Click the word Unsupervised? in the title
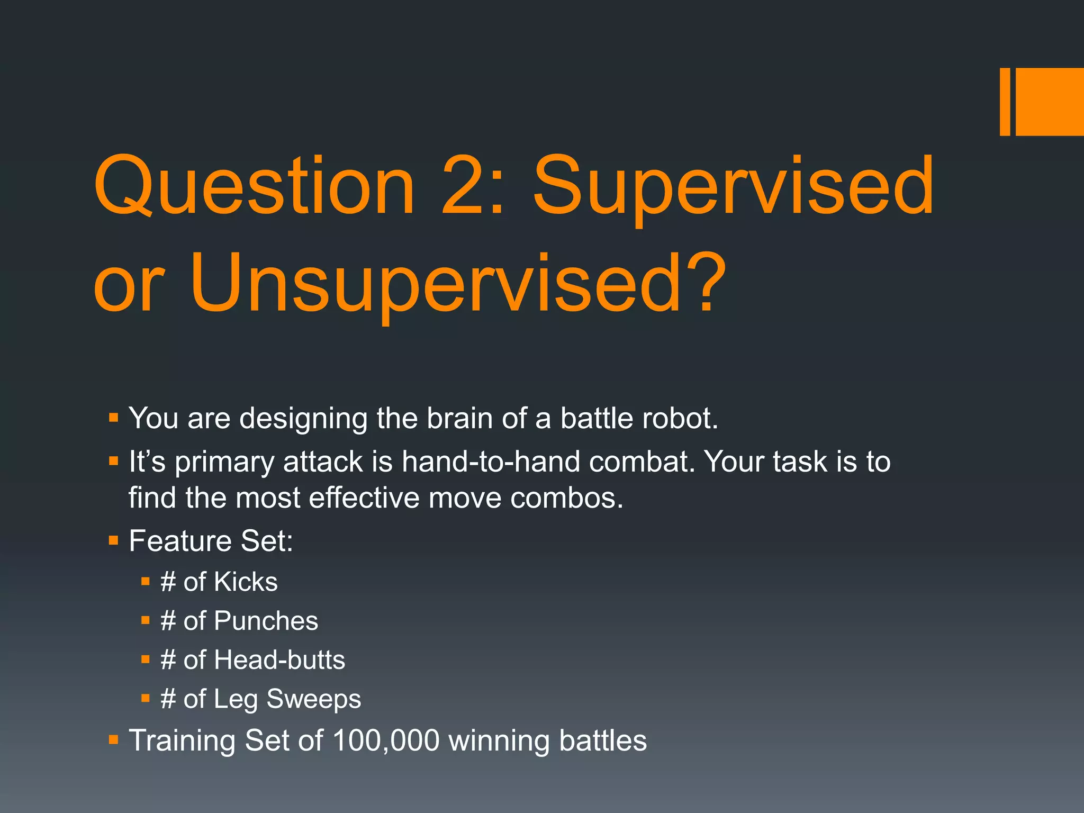[x=458, y=283]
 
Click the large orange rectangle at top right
[x=1049, y=102]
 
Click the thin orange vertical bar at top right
[x=1005, y=102]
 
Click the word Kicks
[x=246, y=582]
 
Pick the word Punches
[x=266, y=621]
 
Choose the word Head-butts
[x=279, y=660]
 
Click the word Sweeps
[x=313, y=699]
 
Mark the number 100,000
[x=386, y=740]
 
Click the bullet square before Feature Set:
[x=113, y=540]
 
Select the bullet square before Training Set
[x=113, y=739]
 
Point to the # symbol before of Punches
[x=168, y=621]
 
